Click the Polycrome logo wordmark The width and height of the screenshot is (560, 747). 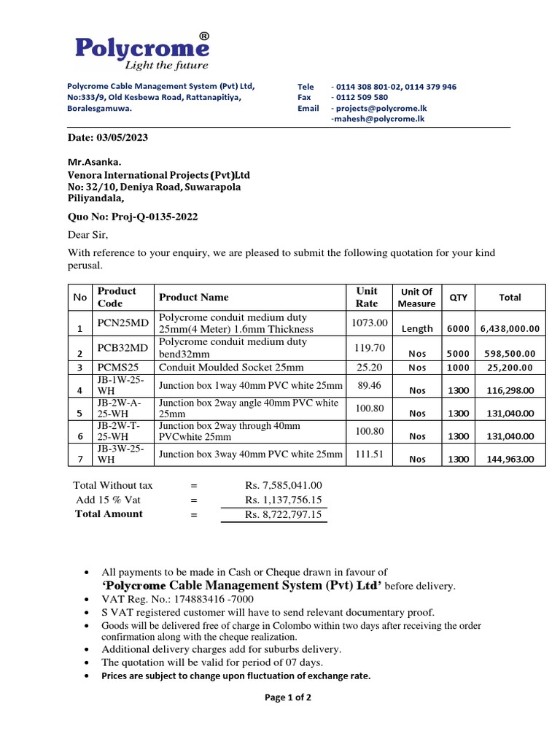[141, 48]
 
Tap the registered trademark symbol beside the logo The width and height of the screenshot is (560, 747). [204, 36]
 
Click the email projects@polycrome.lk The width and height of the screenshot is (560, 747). [383, 108]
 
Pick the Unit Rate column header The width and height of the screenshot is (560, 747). [367, 297]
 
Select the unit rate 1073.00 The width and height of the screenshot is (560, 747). [370, 322]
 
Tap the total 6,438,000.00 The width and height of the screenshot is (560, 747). [510, 329]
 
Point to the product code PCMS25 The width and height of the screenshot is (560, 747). [117, 368]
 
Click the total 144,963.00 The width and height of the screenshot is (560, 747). [510, 460]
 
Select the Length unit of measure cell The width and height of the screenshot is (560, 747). [417, 329]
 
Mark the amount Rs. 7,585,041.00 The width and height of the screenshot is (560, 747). [284, 485]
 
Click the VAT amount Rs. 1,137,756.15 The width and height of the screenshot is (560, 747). [284, 500]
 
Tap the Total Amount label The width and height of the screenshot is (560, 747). [109, 514]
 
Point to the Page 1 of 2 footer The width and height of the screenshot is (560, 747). [288, 697]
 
